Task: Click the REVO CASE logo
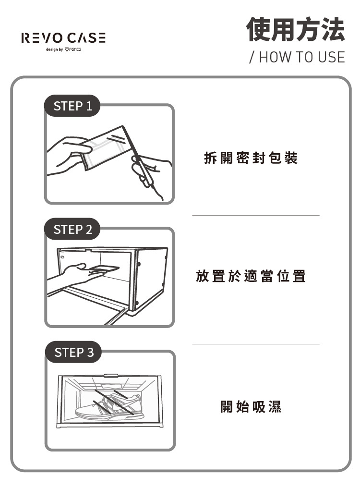[63, 38]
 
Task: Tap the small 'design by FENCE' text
[63, 49]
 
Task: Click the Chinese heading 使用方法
[295, 29]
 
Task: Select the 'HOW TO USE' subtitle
[297, 57]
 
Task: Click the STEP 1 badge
[72, 106]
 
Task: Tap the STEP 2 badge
[72, 230]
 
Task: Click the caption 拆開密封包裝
[251, 158]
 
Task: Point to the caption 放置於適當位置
[251, 276]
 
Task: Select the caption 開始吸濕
[251, 407]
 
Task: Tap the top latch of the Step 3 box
[110, 375]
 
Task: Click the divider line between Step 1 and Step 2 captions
[255, 216]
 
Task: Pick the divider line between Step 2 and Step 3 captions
[255, 344]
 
